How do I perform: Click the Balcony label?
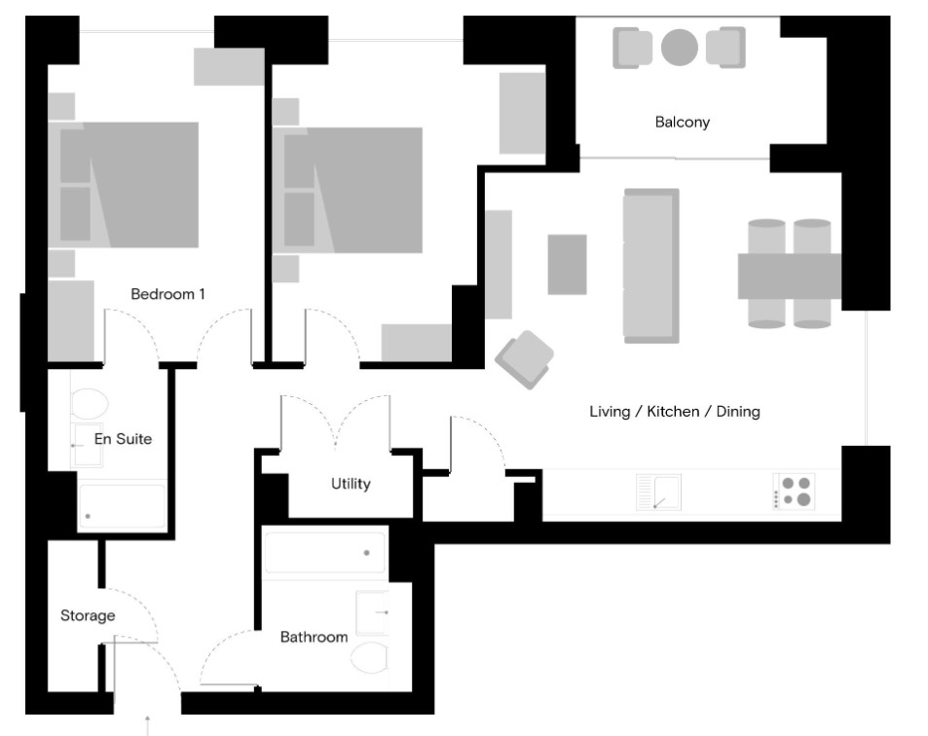coord(682,123)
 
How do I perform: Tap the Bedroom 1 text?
coord(167,293)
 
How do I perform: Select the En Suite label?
coord(123,439)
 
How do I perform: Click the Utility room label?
coord(351,484)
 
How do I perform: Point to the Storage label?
coord(88,615)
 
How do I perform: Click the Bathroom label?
coord(314,637)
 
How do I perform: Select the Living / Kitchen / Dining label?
coord(675,412)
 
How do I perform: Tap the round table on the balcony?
coord(680,47)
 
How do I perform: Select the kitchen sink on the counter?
coord(658,493)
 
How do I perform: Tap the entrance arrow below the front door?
coord(147,724)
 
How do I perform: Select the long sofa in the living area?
coord(650,266)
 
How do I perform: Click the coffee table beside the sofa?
coord(567,264)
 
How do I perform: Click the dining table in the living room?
coord(789,276)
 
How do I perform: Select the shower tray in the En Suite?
coord(122,506)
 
